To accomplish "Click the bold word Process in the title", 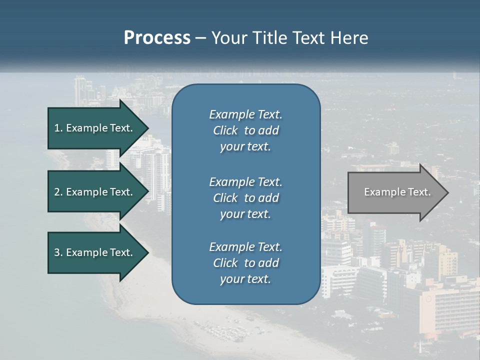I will [x=157, y=38].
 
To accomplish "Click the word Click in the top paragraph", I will [x=225, y=130].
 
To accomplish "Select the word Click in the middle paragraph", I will [x=225, y=198].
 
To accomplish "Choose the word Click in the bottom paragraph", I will [x=225, y=263].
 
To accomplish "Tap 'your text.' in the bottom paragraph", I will [x=245, y=279].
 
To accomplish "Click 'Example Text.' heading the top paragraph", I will [x=245, y=114].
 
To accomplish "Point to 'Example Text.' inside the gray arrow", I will [x=397, y=192].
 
